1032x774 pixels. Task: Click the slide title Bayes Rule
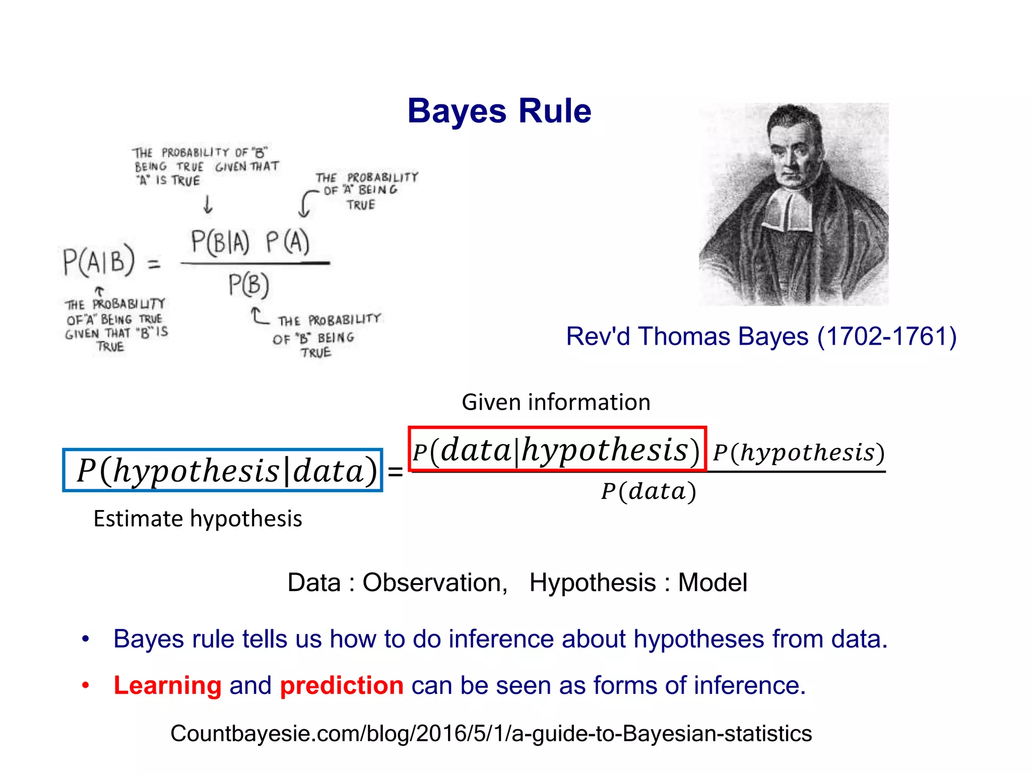pos(499,111)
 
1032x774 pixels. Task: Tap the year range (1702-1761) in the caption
pos(887,337)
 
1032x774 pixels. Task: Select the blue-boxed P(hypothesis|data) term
pos(223,470)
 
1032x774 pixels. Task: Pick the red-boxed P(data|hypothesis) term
pos(557,449)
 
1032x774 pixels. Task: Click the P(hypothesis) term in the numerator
pos(799,453)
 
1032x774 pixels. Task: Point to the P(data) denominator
pos(649,491)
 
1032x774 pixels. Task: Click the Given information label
pos(556,402)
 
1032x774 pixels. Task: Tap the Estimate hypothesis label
pos(198,519)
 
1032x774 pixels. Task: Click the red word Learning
pos(167,685)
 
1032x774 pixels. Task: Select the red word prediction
pos(342,685)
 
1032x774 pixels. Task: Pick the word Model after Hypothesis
pos(712,583)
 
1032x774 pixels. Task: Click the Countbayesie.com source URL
pos(491,734)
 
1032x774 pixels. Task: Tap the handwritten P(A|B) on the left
pos(99,261)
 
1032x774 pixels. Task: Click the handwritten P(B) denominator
pos(248,285)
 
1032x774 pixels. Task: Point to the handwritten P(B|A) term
pos(220,242)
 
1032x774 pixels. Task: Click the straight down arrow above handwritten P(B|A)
pos(208,205)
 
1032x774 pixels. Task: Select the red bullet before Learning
pos(86,685)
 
